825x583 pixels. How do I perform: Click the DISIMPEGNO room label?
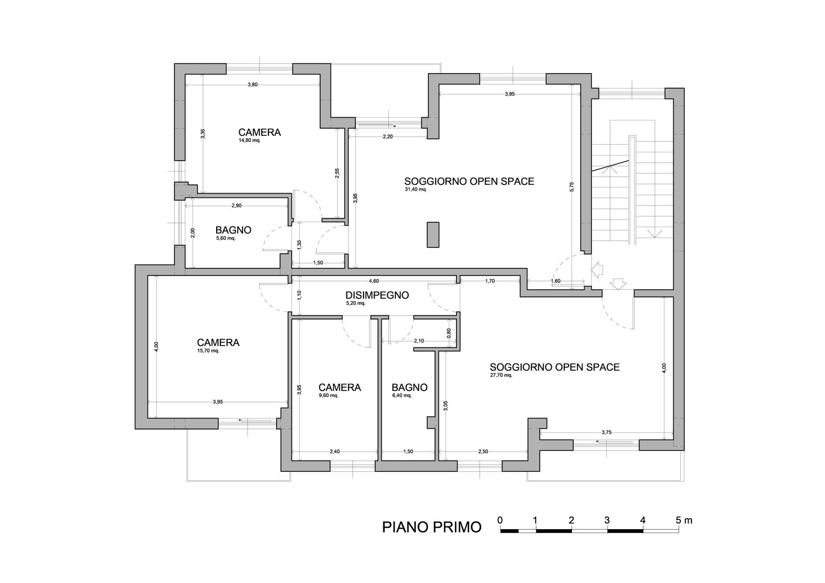[377, 295]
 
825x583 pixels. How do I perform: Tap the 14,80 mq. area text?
[249, 140]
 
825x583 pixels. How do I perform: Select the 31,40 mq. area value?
[415, 190]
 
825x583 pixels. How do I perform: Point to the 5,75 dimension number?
[571, 186]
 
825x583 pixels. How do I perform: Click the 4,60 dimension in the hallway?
[374, 281]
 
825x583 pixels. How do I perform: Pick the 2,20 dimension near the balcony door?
[388, 136]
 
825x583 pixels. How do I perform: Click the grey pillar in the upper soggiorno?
[433, 235]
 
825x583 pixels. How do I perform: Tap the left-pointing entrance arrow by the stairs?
[597, 271]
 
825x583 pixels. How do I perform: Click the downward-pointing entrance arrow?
[618, 284]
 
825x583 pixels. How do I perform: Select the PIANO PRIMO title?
[432, 527]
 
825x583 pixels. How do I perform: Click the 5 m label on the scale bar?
[684, 520]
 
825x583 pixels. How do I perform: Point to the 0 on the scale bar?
[500, 520]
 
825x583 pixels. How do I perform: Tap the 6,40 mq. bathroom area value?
[402, 395]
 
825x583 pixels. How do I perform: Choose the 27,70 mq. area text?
[501, 375]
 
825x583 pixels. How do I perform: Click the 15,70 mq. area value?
[208, 350]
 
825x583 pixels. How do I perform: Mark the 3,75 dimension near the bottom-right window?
[606, 432]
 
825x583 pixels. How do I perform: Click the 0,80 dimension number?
[449, 333]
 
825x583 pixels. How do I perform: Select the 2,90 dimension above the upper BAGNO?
[237, 206]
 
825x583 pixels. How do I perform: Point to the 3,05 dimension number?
[446, 405]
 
